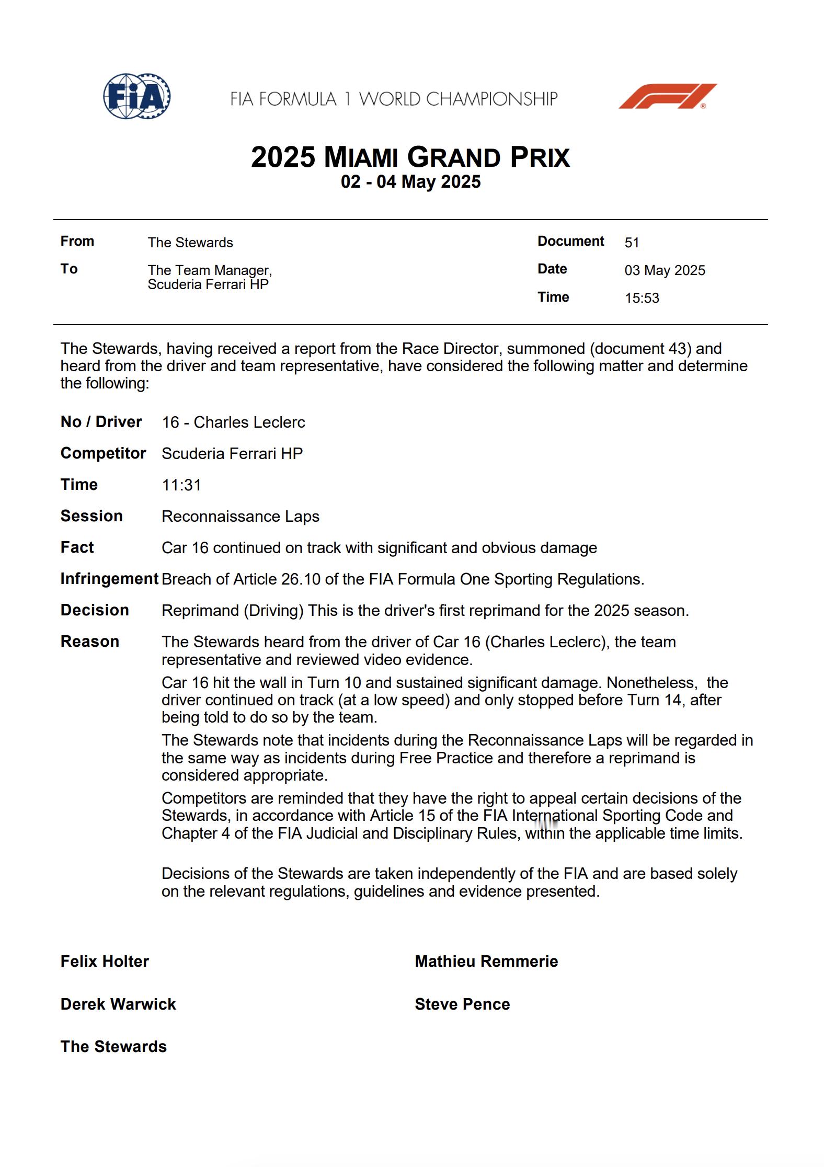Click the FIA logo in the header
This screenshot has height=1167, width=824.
(x=136, y=96)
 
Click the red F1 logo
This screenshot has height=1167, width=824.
(x=667, y=96)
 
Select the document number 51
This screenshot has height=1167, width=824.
(x=632, y=243)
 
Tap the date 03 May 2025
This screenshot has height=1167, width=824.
(x=665, y=270)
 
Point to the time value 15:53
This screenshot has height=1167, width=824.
(x=642, y=298)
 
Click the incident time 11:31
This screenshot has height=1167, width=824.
(x=181, y=485)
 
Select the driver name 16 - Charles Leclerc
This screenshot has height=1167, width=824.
(x=233, y=422)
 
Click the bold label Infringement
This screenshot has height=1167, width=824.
(x=109, y=579)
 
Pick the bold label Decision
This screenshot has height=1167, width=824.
(x=95, y=610)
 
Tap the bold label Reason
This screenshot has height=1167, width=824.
(x=89, y=642)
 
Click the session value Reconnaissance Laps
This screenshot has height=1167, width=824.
(x=240, y=517)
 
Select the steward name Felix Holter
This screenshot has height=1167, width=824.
(x=105, y=962)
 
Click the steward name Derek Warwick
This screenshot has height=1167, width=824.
(x=118, y=1004)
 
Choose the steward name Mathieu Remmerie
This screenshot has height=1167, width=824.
(x=486, y=962)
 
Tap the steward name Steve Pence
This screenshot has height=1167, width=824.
(x=462, y=1004)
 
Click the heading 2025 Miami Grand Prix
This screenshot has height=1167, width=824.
(x=410, y=157)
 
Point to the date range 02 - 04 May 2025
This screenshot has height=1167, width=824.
(x=410, y=182)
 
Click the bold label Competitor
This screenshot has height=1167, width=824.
(x=103, y=453)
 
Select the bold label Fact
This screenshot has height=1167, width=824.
(x=77, y=547)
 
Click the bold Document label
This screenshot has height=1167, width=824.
(x=570, y=241)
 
